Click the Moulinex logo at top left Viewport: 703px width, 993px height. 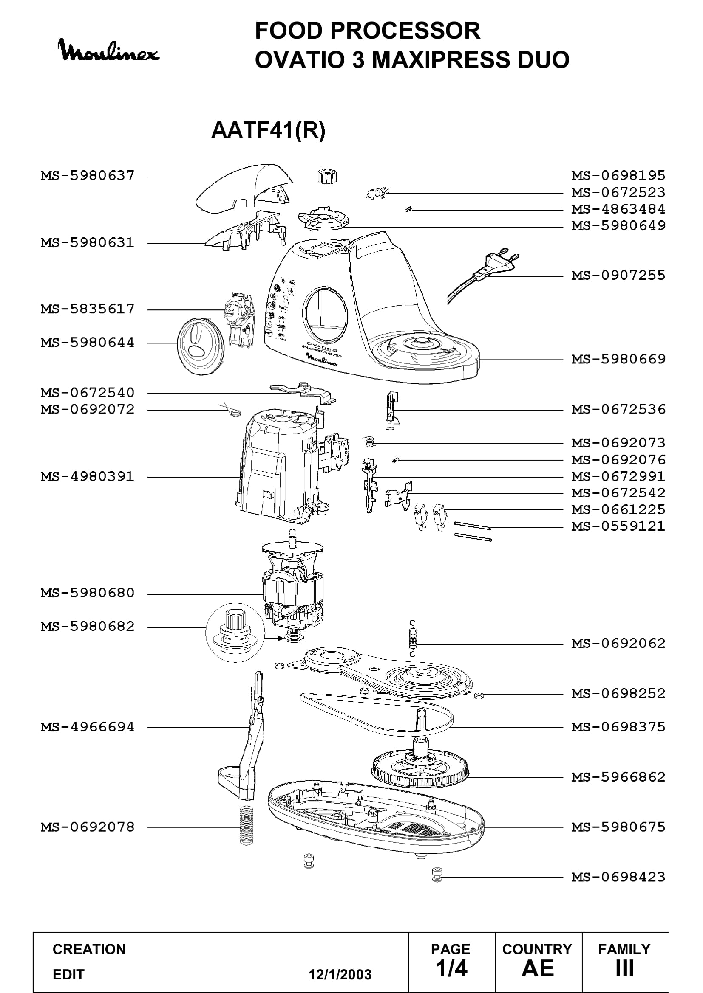(109, 50)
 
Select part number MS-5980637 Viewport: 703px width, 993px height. (88, 176)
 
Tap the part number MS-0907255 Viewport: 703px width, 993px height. (618, 275)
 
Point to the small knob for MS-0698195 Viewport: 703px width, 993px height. (326, 177)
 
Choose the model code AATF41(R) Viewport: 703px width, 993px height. (268, 130)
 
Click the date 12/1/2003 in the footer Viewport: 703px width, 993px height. (340, 975)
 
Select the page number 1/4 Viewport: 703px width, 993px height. (451, 968)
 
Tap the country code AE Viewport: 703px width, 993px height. (538, 968)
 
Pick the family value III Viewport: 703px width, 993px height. (625, 968)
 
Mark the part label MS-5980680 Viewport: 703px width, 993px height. (88, 593)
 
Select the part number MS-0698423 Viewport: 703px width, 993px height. (618, 877)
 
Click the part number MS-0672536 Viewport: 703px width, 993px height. (618, 409)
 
